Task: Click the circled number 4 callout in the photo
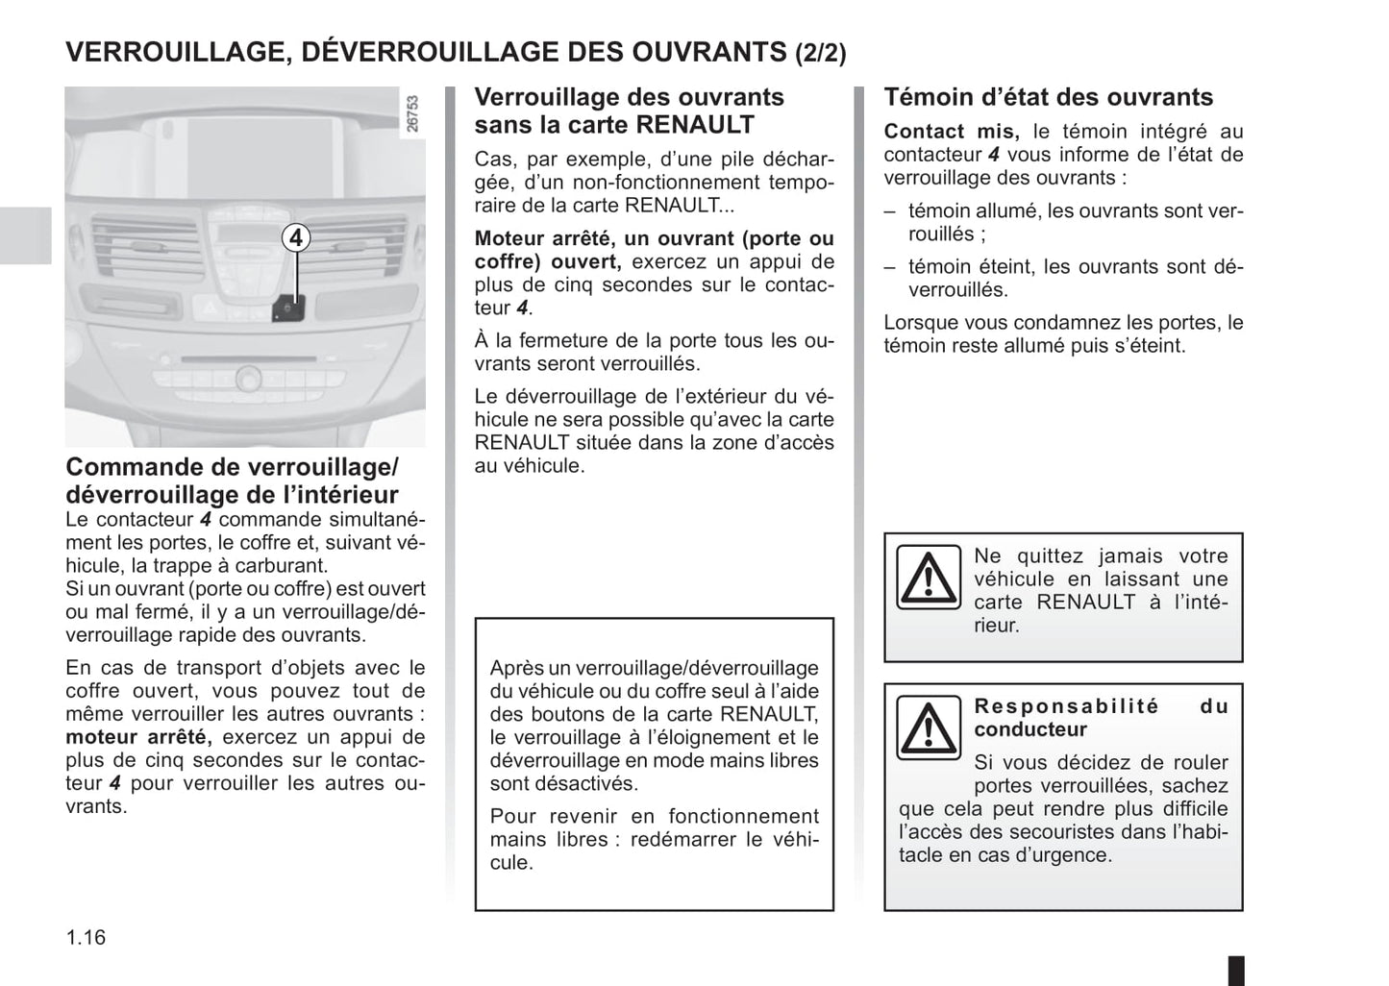coord(296,237)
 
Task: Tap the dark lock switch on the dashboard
coord(289,308)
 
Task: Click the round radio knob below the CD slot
coord(247,378)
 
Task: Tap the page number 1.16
coord(86,937)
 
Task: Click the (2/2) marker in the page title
coord(821,53)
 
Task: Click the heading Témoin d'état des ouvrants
coord(1048,97)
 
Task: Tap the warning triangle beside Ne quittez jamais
coord(928,578)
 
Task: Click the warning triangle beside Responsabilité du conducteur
coord(928,728)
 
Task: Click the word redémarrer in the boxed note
coord(699,840)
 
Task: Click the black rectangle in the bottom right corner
coord(1236,969)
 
